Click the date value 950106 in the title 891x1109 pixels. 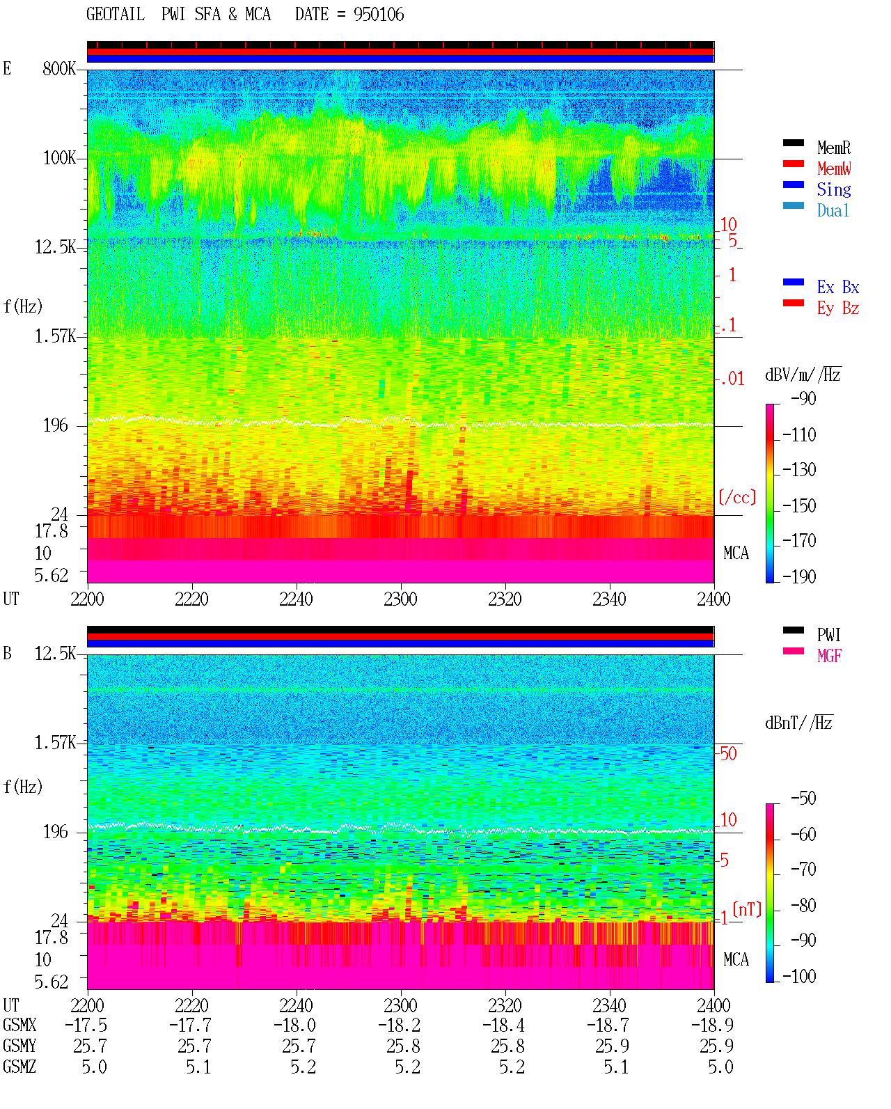tap(379, 15)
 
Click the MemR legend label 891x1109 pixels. tap(833, 148)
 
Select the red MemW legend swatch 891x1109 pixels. tap(793, 164)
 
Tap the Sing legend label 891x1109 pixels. tap(833, 189)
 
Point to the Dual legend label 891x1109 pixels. tap(833, 210)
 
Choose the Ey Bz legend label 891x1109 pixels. tap(837, 308)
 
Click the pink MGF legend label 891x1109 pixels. tap(829, 656)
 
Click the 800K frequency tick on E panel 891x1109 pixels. tap(59, 68)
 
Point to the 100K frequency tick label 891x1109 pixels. tap(59, 158)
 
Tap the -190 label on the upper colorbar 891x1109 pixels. tap(799, 576)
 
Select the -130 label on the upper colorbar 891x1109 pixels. tap(799, 470)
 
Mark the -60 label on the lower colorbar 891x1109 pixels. tap(803, 834)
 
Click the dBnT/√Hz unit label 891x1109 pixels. tap(799, 723)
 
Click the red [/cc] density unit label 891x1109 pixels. tap(737, 497)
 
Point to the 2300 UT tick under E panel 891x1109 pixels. tap(400, 599)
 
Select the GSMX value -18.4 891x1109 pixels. tap(503, 1025)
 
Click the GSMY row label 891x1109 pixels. tap(19, 1046)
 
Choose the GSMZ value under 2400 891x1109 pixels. tap(720, 1067)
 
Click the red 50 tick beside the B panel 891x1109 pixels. tap(728, 753)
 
